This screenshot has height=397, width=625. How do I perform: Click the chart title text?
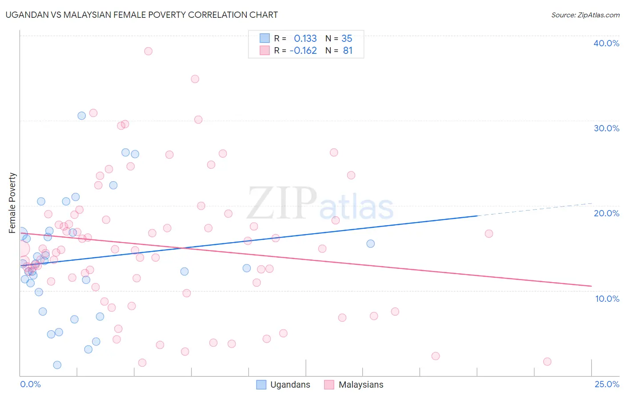point(142,15)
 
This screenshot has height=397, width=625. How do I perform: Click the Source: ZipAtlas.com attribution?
point(585,15)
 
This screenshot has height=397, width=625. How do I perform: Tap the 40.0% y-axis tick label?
point(606,43)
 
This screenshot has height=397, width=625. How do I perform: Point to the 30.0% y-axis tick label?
point(606,128)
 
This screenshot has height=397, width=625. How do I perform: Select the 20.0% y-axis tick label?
point(606,213)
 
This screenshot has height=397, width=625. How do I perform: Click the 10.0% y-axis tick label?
point(607,299)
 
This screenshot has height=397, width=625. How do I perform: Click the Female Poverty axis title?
point(12,203)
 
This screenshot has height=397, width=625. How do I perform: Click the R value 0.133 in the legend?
point(305,38)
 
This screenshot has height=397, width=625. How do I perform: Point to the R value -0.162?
point(303,50)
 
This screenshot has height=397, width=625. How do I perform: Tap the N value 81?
point(348,50)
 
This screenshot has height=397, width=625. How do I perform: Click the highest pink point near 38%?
point(148,51)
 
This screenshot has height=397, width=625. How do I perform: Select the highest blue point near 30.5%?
point(82,116)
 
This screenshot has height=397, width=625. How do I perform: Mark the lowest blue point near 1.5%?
point(57,365)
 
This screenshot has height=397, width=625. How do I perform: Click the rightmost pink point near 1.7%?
point(547,361)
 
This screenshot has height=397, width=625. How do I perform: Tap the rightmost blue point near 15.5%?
point(371,243)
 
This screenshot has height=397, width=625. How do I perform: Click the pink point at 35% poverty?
point(195,79)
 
